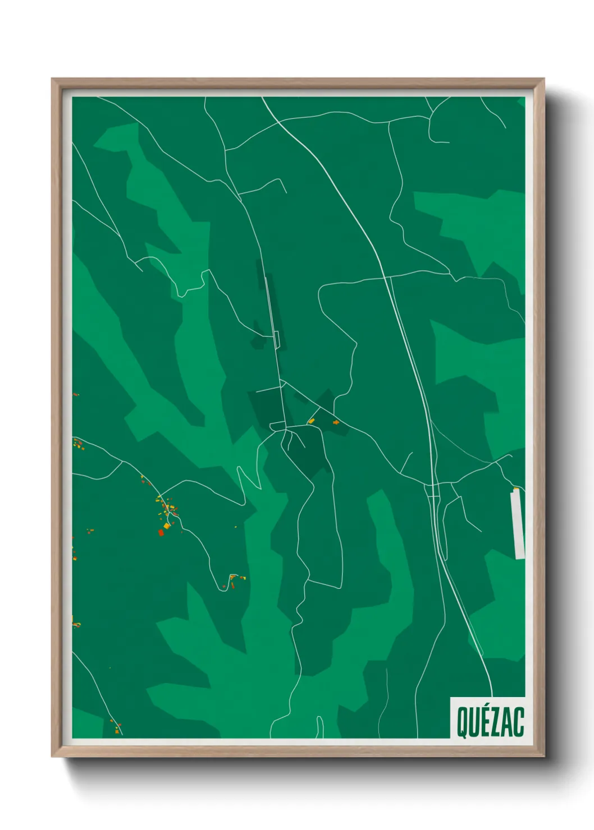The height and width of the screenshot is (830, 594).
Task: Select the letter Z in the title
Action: pyautogui.click(x=495, y=722)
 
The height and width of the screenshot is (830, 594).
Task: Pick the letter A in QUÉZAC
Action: pyautogui.click(x=506, y=722)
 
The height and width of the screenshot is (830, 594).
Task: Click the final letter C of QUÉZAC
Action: pyautogui.click(x=519, y=722)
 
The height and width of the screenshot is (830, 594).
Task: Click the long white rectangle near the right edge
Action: pyautogui.click(x=518, y=525)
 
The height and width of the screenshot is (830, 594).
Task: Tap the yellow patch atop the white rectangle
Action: pyautogui.click(x=516, y=490)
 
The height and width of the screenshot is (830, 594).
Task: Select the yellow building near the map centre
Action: pyautogui.click(x=310, y=420)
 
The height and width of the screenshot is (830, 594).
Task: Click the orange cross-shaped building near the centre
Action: pyautogui.click(x=336, y=422)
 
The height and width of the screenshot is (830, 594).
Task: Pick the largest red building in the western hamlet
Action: pyautogui.click(x=161, y=533)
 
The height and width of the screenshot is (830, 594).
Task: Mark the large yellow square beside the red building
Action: pyautogui.click(x=167, y=526)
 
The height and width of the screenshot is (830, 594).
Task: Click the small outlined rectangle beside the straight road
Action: pyautogui.click(x=276, y=339)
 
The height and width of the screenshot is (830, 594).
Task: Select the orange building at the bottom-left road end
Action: pyautogui.click(x=116, y=730)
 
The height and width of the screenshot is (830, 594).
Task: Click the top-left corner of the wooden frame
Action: pyautogui.click(x=52, y=79)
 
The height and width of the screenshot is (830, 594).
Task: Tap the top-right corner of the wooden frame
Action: pyautogui.click(x=543, y=79)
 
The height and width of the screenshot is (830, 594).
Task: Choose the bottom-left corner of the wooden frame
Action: pyautogui.click(x=52, y=757)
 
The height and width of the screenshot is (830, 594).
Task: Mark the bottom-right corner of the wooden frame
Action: pyautogui.click(x=543, y=757)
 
